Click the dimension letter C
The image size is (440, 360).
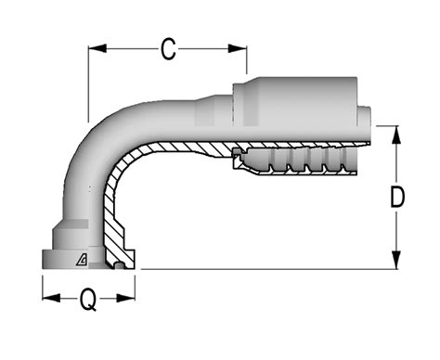167,49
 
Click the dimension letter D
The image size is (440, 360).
397,198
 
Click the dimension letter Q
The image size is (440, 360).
88,300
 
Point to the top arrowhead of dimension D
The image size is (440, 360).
397,133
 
